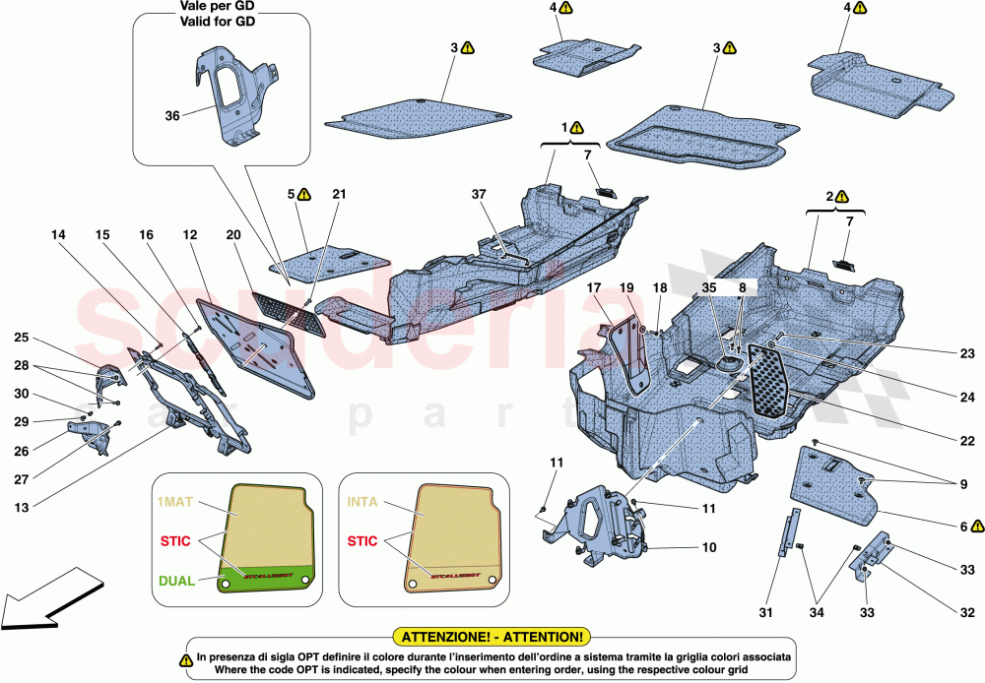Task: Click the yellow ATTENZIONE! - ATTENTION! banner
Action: tap(491, 638)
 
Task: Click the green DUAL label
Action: tap(176, 581)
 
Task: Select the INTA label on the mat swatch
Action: tap(361, 501)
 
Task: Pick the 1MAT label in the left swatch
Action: tap(176, 501)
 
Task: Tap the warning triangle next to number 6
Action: tap(978, 526)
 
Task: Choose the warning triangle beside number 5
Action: tap(304, 194)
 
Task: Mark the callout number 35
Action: tap(710, 288)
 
